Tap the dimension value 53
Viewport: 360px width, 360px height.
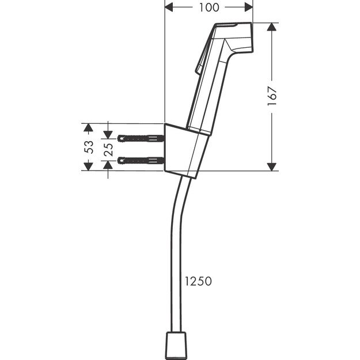[x=89, y=146]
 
